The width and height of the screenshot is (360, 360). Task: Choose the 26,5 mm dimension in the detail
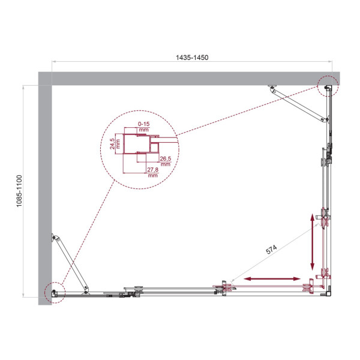pos(166,161)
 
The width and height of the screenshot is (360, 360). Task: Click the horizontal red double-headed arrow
pos(274,278)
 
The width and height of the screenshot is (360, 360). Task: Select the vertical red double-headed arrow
pos(312,242)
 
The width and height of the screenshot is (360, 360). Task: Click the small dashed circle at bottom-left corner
pos(54,292)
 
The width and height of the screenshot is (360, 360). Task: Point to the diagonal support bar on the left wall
pos(71,264)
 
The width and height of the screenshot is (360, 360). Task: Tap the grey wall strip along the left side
pos(45,192)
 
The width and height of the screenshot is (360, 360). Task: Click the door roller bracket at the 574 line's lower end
pos(223,286)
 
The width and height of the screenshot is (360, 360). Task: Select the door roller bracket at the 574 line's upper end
pos(325,216)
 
